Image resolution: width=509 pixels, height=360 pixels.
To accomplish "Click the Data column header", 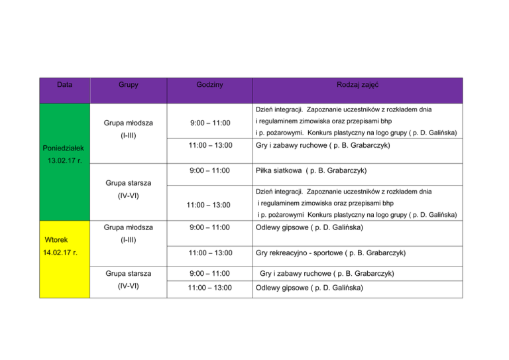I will pyautogui.click(x=64, y=86).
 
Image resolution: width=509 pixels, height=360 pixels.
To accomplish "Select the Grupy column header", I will pyautogui.click(x=129, y=86).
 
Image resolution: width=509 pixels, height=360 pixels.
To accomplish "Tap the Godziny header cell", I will pyautogui.click(x=209, y=86).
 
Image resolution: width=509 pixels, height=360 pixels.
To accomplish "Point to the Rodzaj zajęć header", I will pyautogui.click(x=357, y=86).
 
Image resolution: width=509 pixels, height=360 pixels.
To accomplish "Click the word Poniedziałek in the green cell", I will pyautogui.click(x=62, y=148).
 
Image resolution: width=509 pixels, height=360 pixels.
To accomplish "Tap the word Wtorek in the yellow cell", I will pyautogui.click(x=58, y=239).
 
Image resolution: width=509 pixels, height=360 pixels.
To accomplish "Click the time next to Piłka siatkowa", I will pyautogui.click(x=209, y=170).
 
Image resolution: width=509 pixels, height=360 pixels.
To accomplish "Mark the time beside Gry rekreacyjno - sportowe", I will pyautogui.click(x=209, y=253).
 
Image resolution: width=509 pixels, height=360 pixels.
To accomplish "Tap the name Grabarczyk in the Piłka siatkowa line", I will pyautogui.click(x=342, y=170).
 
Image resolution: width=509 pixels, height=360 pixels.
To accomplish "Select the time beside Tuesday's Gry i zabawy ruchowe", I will pyautogui.click(x=209, y=273).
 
